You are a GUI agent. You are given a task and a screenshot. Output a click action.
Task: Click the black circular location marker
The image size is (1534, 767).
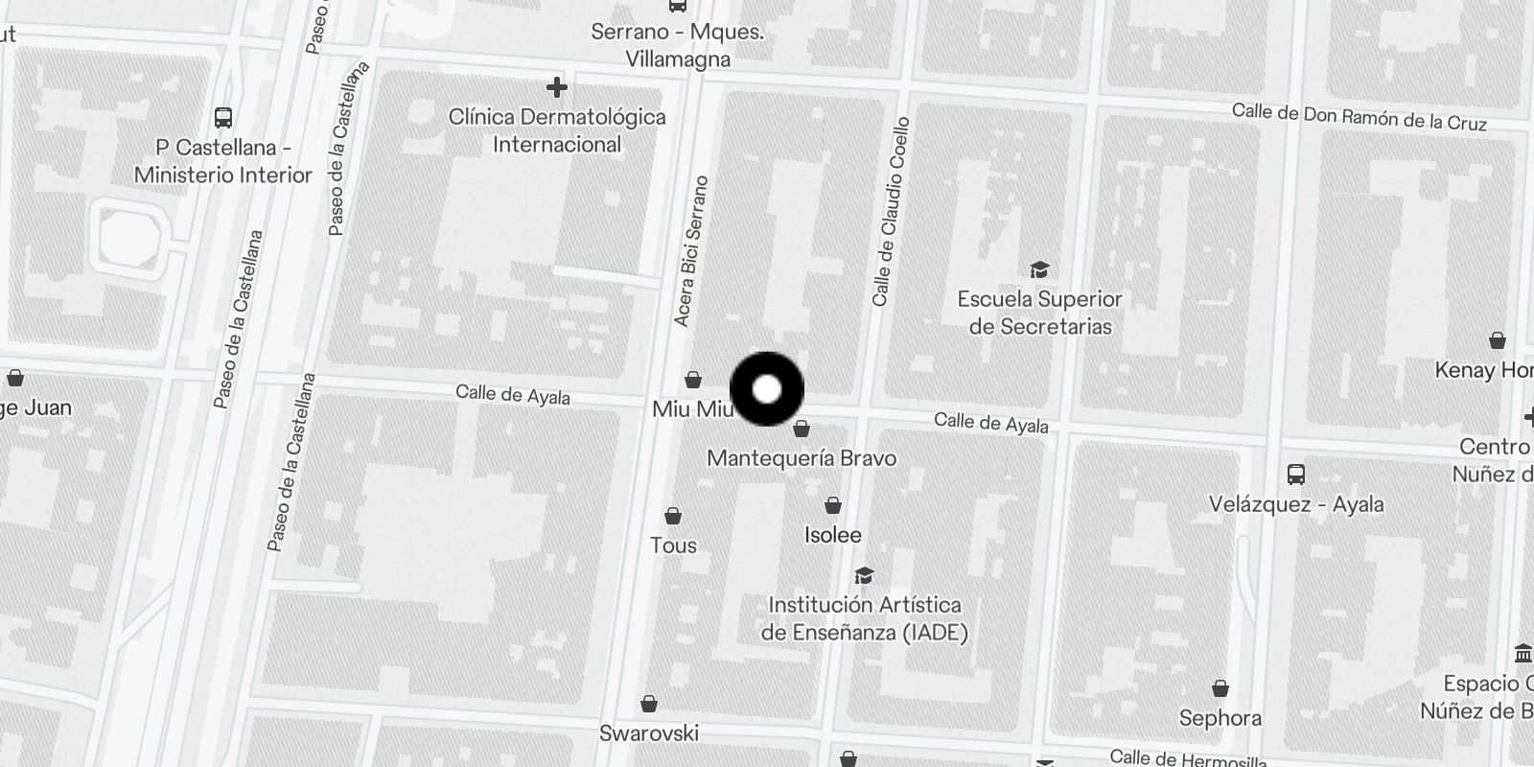click(767, 389)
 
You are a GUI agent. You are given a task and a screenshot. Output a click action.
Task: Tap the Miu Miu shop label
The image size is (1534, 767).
click(692, 409)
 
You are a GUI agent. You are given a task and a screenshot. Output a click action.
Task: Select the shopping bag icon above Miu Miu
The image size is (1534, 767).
click(693, 381)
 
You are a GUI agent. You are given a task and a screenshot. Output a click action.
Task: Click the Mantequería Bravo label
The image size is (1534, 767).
click(802, 458)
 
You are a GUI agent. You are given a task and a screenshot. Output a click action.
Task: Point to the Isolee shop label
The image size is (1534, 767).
click(832, 535)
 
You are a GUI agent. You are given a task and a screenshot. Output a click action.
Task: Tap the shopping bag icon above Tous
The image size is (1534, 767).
click(673, 517)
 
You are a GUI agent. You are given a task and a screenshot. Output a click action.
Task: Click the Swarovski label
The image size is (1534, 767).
click(649, 733)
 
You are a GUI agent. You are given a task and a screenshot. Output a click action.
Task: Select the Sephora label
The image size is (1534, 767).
click(1220, 718)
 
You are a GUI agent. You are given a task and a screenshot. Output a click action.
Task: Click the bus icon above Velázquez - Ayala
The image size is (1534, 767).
click(1296, 474)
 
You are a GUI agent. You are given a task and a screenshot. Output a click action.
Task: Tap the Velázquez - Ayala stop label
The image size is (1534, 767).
click(1296, 504)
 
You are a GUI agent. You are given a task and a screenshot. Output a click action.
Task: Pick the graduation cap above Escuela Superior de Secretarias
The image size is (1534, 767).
click(1039, 269)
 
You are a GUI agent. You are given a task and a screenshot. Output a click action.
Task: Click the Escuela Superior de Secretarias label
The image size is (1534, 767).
click(1039, 313)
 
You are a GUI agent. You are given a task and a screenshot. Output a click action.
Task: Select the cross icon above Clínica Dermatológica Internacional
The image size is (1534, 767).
click(556, 88)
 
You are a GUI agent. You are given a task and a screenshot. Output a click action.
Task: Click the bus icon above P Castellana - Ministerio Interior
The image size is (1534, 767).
click(223, 118)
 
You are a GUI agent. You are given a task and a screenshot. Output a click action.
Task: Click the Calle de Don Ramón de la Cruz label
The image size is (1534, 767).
click(1359, 117)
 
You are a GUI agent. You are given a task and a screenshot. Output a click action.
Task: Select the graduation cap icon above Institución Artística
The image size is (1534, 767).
click(864, 576)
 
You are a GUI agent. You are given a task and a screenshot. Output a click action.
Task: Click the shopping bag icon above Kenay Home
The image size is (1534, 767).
click(1497, 341)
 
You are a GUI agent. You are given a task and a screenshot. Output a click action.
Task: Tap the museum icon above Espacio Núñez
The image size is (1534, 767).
click(1522, 654)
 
